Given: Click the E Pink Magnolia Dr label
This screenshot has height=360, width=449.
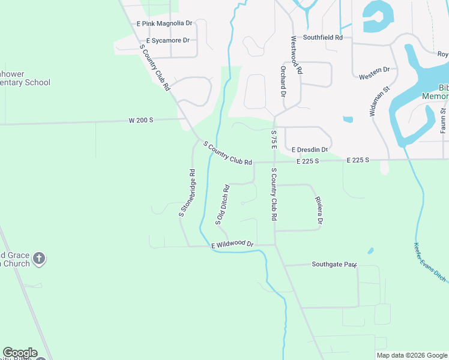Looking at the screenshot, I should (164, 23).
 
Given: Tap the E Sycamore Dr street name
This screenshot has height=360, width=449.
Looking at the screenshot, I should (163, 41).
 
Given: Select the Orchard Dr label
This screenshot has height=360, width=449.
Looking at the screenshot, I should (282, 82).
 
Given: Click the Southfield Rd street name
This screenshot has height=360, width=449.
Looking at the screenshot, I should (322, 37).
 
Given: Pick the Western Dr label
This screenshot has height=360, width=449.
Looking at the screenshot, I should (374, 73).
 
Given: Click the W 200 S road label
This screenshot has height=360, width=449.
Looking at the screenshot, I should (141, 120).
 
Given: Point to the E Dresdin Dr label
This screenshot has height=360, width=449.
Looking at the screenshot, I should (310, 150).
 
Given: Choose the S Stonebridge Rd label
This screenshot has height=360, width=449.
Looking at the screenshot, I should (187, 193).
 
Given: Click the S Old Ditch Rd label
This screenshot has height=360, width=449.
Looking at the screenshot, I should (222, 205).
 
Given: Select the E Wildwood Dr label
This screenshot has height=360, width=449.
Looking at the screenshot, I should (233, 244).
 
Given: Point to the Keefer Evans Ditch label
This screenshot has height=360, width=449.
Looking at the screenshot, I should (430, 262).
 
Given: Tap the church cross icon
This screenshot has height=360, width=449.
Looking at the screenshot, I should (39, 259).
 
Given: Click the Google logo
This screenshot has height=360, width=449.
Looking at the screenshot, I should (20, 353).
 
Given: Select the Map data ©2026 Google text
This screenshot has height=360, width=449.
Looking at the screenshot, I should (412, 355).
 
